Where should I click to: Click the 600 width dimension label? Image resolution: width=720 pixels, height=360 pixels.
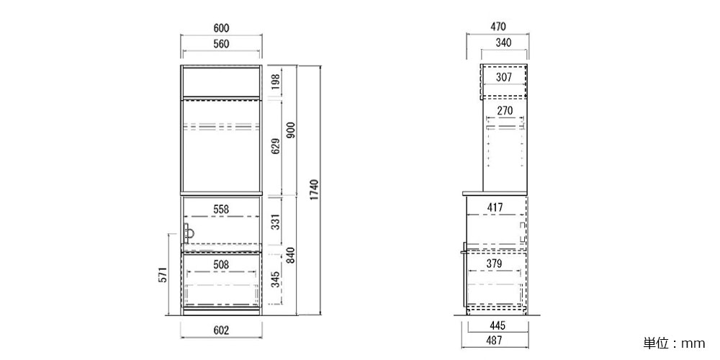click(x=221, y=28)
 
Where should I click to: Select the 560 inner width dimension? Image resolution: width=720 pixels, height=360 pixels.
click(x=221, y=44)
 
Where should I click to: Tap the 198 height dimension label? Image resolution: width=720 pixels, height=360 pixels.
click(x=276, y=81)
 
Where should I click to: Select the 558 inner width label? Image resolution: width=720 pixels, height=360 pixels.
click(x=221, y=209)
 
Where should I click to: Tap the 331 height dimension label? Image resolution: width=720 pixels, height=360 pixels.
click(x=276, y=224)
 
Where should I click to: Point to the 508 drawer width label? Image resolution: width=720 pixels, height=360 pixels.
click(x=221, y=264)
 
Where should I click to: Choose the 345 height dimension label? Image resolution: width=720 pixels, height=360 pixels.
click(x=276, y=279)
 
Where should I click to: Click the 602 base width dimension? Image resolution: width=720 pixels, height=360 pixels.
click(x=221, y=330)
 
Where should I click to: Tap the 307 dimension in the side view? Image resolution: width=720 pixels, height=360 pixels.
click(x=504, y=78)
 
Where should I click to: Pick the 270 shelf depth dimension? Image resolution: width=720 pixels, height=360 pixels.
click(x=504, y=111)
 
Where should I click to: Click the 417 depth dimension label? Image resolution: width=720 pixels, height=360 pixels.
click(x=495, y=208)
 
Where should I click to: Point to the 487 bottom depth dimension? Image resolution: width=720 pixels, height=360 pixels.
click(x=495, y=341)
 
